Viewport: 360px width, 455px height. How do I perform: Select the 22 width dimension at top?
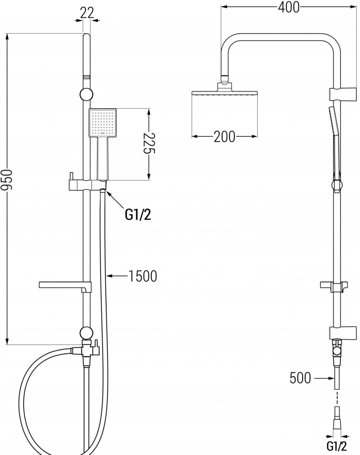87,13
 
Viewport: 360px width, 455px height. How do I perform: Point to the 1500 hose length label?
143,276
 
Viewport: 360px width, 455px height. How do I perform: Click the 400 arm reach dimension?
288,7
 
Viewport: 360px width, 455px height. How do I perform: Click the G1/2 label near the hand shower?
138,216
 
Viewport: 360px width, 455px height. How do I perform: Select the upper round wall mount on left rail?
87,94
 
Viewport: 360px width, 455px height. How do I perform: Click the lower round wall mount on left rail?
86,332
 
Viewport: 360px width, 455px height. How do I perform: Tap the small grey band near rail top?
87,77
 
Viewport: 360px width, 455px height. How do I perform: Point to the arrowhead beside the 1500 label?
110,276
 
